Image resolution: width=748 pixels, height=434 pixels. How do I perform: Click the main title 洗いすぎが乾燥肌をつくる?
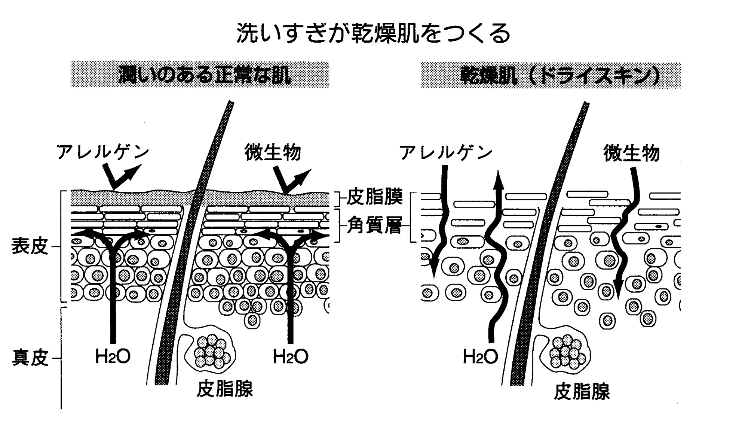[x=373, y=34]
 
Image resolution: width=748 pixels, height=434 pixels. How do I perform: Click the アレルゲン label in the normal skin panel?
[x=102, y=152]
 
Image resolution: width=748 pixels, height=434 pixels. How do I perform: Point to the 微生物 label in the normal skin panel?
[x=272, y=153]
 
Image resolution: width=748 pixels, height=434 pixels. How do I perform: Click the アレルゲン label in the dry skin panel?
[x=446, y=153]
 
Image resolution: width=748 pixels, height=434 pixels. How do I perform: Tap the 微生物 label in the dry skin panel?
[x=632, y=153]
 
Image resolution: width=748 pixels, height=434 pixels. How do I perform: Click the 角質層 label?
[x=374, y=226]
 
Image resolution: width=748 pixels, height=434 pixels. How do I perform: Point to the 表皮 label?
[x=30, y=246]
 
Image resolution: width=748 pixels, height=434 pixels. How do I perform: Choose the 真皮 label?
[x=30, y=358]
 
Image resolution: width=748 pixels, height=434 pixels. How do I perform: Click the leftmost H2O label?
[x=113, y=356]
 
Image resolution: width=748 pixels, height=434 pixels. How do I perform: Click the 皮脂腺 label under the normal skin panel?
[x=225, y=389]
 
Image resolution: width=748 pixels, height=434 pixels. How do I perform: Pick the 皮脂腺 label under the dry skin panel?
[x=582, y=392]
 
